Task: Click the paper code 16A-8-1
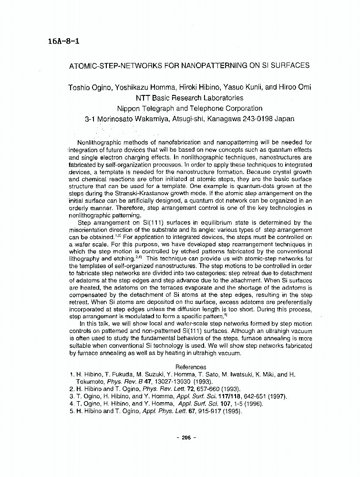click(63, 41)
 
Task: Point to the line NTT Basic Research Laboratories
click(189, 98)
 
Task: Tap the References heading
click(191, 367)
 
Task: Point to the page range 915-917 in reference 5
click(208, 411)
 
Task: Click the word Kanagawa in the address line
click(224, 119)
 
